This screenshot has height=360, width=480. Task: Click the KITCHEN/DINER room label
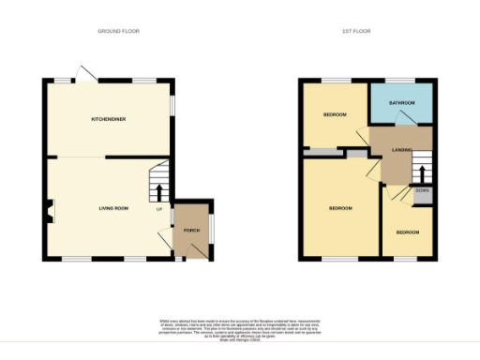click(x=109, y=120)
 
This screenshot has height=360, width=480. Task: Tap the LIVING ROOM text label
click(x=114, y=207)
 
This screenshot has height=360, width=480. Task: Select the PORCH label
click(x=191, y=230)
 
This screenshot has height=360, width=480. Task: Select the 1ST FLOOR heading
click(x=356, y=31)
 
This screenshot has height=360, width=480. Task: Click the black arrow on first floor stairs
click(x=421, y=173)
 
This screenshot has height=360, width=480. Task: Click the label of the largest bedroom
click(x=339, y=207)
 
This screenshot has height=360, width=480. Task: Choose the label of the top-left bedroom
click(x=335, y=114)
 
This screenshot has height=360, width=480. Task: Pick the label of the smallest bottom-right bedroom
click(x=407, y=232)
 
